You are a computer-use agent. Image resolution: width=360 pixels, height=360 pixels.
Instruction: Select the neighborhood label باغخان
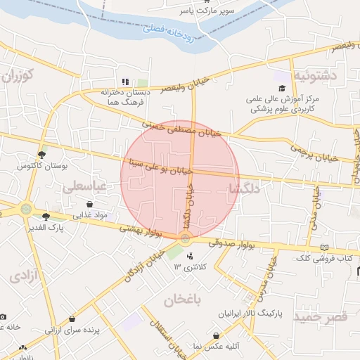pos(182,301)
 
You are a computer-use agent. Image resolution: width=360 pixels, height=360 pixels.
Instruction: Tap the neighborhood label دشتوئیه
pos(315,75)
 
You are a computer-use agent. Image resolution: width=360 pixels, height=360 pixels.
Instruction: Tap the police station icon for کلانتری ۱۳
pos(189,255)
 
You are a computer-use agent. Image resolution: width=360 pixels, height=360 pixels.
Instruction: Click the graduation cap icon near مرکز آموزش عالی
pos(282,88)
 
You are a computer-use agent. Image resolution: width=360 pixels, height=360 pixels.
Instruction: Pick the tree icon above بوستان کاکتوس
pos(41,155)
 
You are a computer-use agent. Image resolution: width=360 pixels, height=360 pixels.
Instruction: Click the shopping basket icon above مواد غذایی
pos(90,204)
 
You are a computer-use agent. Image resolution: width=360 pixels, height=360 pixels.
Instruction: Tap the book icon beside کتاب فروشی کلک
pos(323,247)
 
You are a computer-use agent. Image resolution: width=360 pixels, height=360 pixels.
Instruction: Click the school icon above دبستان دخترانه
pos(126,82)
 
